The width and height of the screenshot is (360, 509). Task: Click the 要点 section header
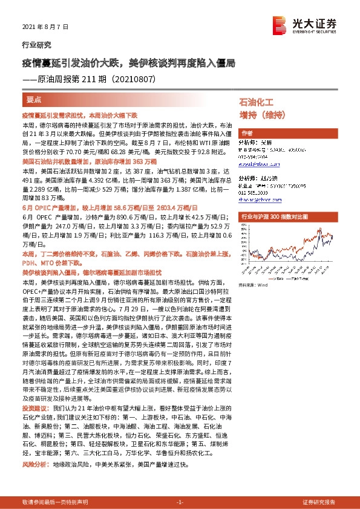click(x=34, y=99)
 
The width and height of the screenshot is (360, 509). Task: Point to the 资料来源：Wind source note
click(x=254, y=284)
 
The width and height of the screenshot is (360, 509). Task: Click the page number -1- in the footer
click(x=179, y=502)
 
